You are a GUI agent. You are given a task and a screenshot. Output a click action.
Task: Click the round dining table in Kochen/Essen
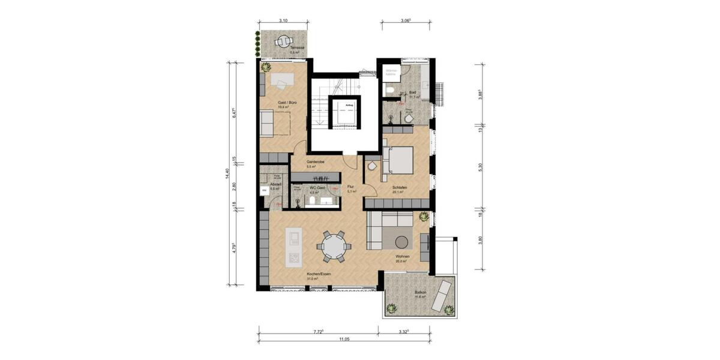pyautogui.click(x=331, y=245)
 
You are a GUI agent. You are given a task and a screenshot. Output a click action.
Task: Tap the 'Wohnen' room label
pyautogui.click(x=402, y=256)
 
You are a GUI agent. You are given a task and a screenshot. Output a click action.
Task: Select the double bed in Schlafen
pyautogui.click(x=397, y=159)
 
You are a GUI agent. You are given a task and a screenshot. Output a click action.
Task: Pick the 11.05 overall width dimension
pyautogui.click(x=343, y=339)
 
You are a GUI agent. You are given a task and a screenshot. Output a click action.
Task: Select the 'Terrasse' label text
pyautogui.click(x=295, y=47)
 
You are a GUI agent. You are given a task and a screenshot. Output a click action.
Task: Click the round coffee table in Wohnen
pyautogui.click(x=401, y=241)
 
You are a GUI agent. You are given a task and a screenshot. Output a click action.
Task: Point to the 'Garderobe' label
pyautogui.click(x=316, y=162)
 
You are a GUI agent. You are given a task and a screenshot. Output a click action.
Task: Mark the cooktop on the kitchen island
pyautogui.click(x=294, y=259)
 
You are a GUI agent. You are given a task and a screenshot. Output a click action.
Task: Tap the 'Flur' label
pyautogui.click(x=351, y=187)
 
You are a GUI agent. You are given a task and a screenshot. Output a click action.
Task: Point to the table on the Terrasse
pyautogui.click(x=281, y=42)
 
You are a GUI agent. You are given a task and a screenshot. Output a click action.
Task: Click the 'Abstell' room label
pyautogui.click(x=275, y=184)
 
